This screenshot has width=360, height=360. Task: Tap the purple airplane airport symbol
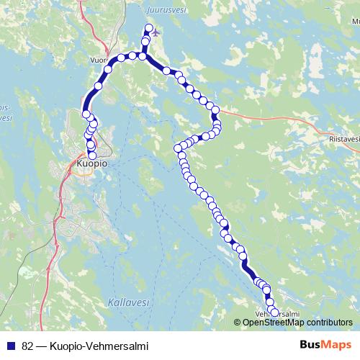[158, 32]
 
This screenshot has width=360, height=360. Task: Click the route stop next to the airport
[149, 29]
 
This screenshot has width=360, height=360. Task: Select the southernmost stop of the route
[274, 312]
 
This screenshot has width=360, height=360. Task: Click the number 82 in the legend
[28, 346]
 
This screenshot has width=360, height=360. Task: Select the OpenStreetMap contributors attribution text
[297, 322]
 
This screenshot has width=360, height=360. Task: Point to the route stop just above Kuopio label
[92, 155]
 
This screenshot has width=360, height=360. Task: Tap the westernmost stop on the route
[86, 114]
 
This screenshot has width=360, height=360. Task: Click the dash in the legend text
[42, 346]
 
